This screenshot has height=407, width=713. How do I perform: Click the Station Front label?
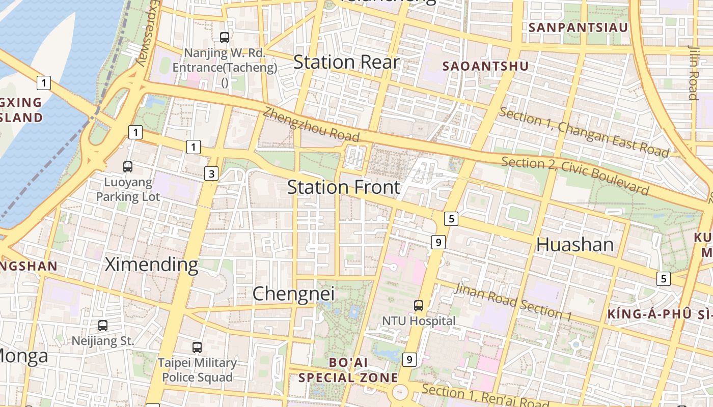(344, 187)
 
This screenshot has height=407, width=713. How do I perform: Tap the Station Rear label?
(346, 62)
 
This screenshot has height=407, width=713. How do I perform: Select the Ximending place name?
(151, 265)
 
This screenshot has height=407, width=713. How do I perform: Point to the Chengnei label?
(293, 294)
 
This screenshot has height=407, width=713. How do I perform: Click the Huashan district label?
(575, 245)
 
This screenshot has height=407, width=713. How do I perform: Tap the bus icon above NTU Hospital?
(419, 306)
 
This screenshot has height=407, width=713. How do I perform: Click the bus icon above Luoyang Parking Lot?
(128, 167)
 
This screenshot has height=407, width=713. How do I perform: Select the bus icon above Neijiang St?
(103, 326)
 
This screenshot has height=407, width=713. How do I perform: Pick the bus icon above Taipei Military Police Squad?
(197, 348)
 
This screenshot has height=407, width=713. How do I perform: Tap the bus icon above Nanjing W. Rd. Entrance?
(225, 37)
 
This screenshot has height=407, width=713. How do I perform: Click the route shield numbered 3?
(212, 174)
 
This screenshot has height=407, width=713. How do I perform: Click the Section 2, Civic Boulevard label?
(575, 176)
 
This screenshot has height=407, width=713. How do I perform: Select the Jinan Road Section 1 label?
(512, 302)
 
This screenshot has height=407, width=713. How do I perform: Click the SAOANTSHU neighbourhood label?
(485, 66)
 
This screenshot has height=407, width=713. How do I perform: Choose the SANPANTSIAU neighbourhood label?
(579, 27)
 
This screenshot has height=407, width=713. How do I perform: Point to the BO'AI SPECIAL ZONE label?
(348, 370)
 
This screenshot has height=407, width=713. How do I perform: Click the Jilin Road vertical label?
(693, 72)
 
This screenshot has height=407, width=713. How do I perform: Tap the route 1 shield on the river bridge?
(44, 82)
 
